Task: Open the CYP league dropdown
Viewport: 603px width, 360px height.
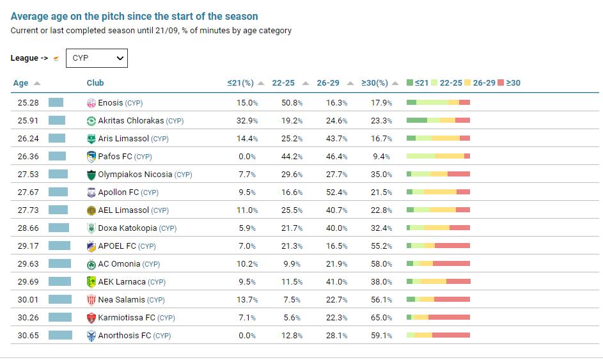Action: pyautogui.click(x=97, y=58)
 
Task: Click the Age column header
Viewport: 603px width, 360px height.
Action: pyautogui.click(x=21, y=83)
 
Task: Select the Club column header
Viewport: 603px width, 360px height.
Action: pyautogui.click(x=95, y=83)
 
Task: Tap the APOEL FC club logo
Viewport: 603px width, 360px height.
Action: pyautogui.click(x=91, y=246)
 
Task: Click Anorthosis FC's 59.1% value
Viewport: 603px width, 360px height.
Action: pyautogui.click(x=381, y=336)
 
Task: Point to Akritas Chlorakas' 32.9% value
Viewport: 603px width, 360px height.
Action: pyautogui.click(x=247, y=121)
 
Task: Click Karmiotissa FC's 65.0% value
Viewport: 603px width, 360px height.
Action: pyautogui.click(x=381, y=318)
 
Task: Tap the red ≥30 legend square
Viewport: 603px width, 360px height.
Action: pyautogui.click(x=501, y=83)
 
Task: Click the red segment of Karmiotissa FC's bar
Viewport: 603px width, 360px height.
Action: pyautogui.click(x=449, y=318)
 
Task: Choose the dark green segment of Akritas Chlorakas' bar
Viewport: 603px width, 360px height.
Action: pyautogui.click(x=417, y=121)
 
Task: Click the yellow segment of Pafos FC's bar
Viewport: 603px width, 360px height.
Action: pyautogui.click(x=449, y=157)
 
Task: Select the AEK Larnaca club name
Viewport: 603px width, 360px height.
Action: pyautogui.click(x=121, y=282)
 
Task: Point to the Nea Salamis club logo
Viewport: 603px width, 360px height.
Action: pyautogui.click(x=91, y=300)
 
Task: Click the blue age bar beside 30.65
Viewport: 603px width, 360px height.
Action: pyautogui.click(x=61, y=336)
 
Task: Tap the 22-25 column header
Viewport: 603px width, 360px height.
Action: pyautogui.click(x=283, y=83)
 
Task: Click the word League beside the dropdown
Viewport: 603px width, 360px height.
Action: pyautogui.click(x=24, y=58)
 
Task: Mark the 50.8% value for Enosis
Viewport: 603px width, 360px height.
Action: pyautogui.click(x=292, y=103)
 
